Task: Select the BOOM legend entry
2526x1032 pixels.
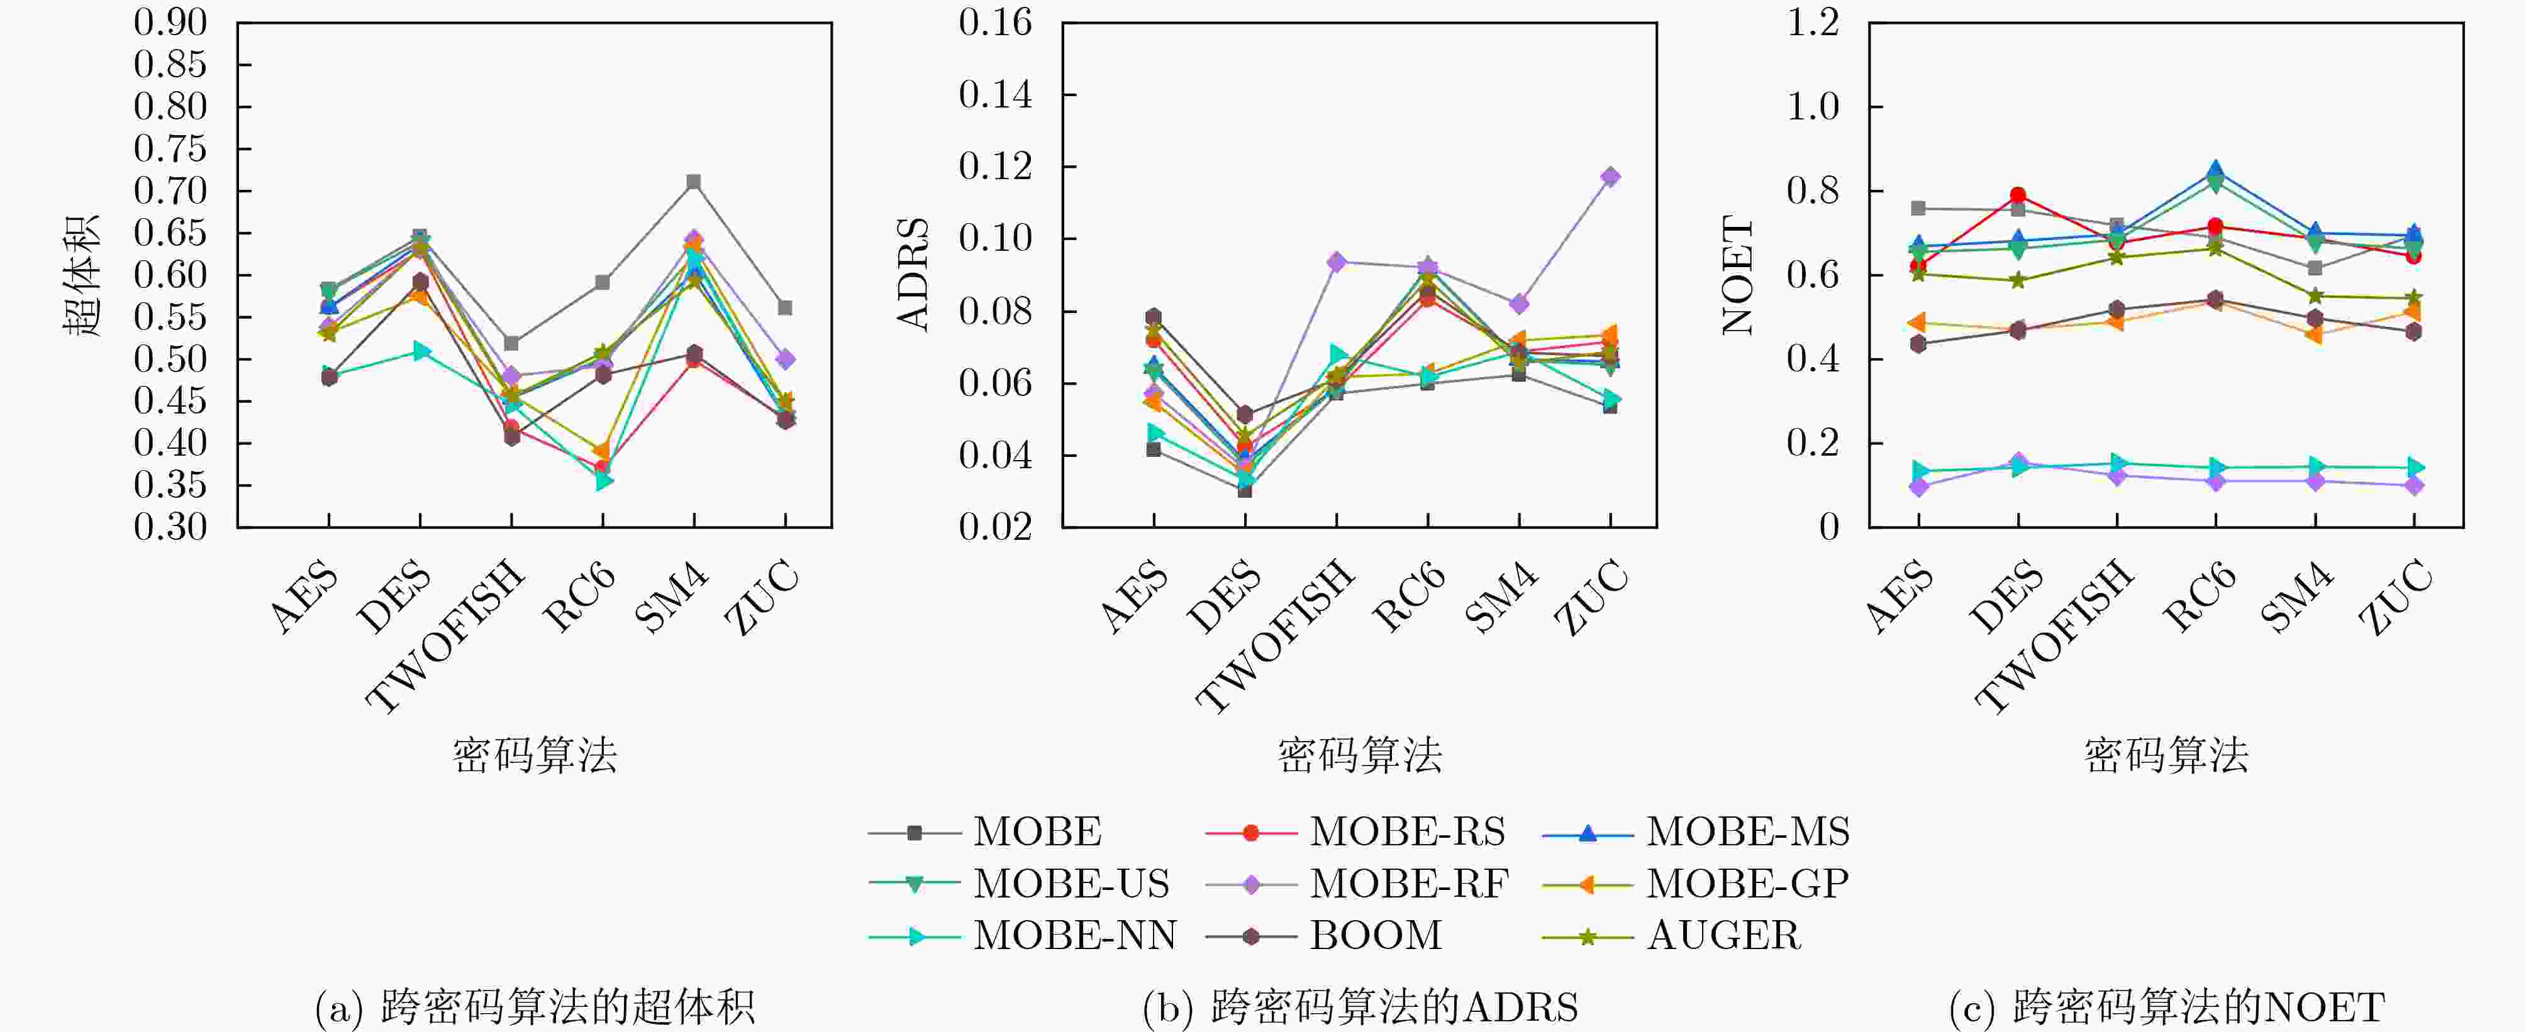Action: (x=1375, y=936)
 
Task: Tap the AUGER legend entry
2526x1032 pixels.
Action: (x=1723, y=936)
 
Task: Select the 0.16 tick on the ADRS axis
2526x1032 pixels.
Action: (x=994, y=23)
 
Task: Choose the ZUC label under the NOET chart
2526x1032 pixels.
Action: (x=2396, y=597)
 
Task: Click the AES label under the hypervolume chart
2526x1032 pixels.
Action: (x=304, y=598)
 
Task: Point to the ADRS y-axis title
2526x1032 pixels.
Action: (x=913, y=275)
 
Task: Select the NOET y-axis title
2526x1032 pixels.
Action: (x=1738, y=275)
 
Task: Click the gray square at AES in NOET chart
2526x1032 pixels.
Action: (x=1918, y=209)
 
